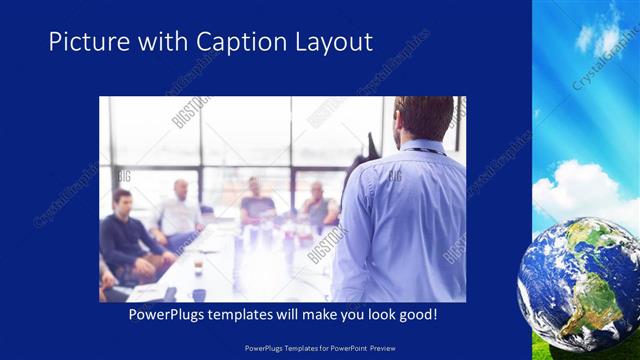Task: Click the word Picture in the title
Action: (x=85, y=42)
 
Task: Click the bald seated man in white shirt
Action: (x=179, y=210)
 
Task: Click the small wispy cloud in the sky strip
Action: (x=598, y=38)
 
